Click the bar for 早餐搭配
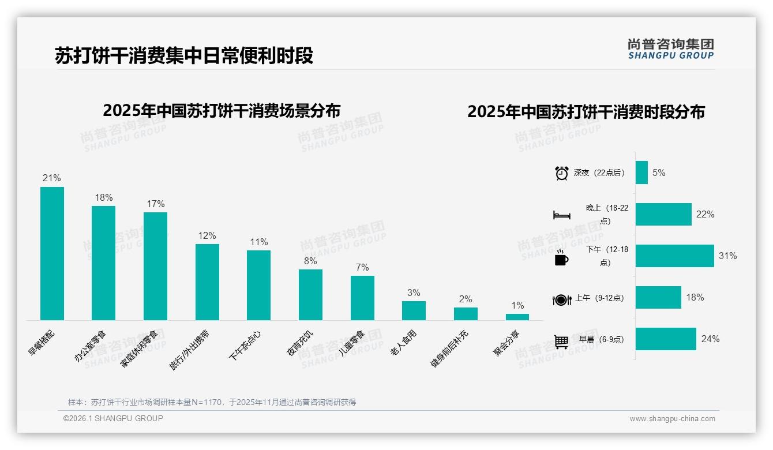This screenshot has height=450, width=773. [x=52, y=253]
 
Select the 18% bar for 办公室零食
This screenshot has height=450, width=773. [x=103, y=263]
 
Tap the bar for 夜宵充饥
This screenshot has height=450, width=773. [x=310, y=295]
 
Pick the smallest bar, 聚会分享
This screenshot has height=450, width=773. [x=517, y=317]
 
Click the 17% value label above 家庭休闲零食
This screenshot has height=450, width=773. [x=156, y=204]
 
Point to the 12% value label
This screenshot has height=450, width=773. [x=207, y=235]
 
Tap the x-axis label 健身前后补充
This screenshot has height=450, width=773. [x=449, y=350]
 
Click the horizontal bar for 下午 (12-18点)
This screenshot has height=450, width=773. [x=674, y=256]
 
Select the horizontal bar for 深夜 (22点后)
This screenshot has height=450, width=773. [x=641, y=172]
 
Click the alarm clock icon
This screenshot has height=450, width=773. [x=561, y=173]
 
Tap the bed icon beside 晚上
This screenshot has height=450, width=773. [x=561, y=215]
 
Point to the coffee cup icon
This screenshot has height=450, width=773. [x=561, y=257]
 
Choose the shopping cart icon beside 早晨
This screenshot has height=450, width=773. [x=561, y=341]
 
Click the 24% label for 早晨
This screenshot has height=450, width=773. [x=710, y=339]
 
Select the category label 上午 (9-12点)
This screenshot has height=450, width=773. [x=599, y=298]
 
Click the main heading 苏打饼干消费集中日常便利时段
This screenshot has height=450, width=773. [x=184, y=55]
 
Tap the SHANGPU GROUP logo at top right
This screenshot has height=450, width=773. [x=670, y=49]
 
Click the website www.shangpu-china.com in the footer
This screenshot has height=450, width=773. [x=672, y=419]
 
